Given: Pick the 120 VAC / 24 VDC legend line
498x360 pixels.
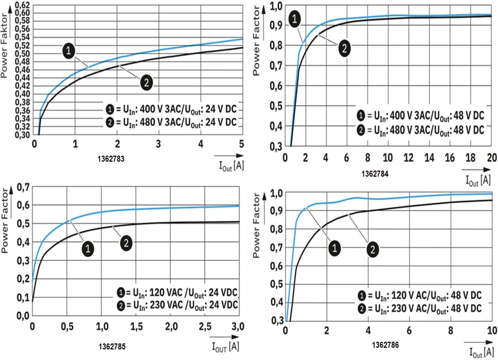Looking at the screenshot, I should pyautogui.click(x=177, y=292).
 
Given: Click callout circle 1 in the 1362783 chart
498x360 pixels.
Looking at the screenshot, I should pyautogui.click(x=69, y=51).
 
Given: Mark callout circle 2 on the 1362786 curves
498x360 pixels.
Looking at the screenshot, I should pyautogui.click(x=373, y=249).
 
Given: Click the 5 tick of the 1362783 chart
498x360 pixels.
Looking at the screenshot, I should pyautogui.click(x=241, y=145).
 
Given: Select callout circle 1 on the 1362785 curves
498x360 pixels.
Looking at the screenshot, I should pyautogui.click(x=89, y=249).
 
